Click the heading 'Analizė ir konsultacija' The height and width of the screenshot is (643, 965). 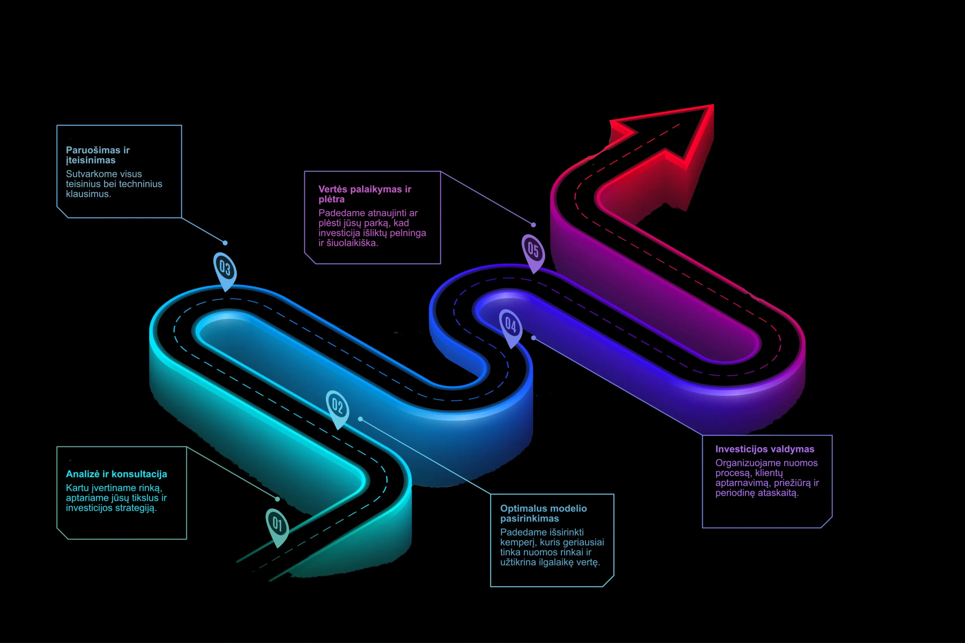tap(116, 474)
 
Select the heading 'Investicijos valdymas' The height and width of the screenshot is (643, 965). tap(765, 449)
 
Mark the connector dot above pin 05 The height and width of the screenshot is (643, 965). tap(533, 225)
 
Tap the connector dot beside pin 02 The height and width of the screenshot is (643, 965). tap(360, 419)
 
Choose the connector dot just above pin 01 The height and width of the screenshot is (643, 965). tap(277, 499)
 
